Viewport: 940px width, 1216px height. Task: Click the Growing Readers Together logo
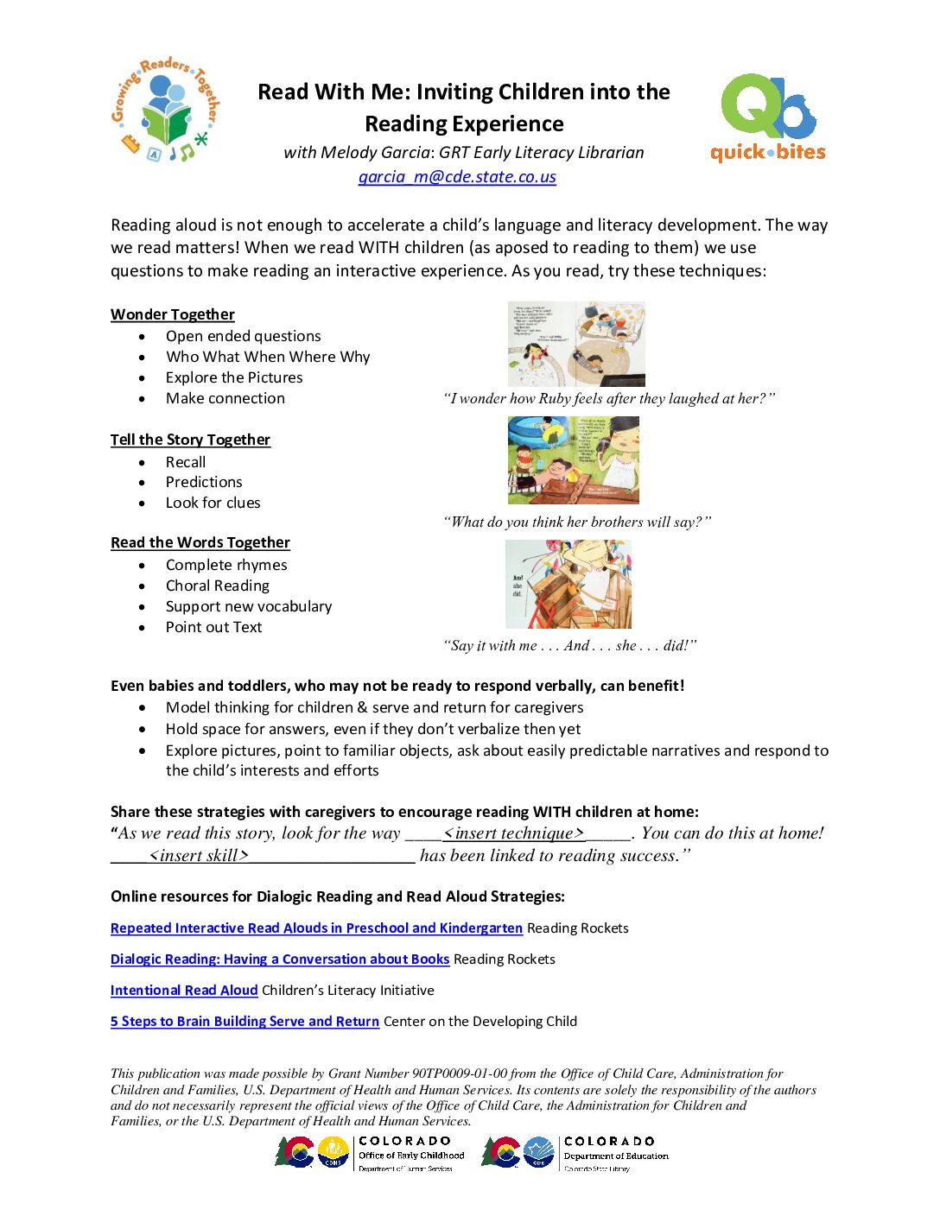164,111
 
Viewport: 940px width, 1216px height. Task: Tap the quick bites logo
768,118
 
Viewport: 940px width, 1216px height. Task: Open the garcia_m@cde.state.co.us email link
457,177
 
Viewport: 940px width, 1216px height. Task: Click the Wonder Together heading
173,314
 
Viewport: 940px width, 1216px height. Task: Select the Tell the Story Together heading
190,440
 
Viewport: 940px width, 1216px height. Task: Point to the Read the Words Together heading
200,542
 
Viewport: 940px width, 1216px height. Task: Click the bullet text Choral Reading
218,586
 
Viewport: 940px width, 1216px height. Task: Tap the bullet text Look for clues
213,503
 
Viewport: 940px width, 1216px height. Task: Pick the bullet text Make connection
225,398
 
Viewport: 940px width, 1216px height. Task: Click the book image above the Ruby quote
576,344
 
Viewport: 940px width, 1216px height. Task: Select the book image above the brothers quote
574,459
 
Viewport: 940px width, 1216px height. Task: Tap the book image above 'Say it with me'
568,584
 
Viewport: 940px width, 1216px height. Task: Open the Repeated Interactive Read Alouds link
316,928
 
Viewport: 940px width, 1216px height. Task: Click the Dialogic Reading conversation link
280,959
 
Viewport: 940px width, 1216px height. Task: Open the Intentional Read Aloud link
184,991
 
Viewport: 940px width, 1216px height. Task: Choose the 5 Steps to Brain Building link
245,1022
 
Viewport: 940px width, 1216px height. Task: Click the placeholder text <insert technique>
514,833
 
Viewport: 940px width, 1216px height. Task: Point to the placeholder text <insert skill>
199,856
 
